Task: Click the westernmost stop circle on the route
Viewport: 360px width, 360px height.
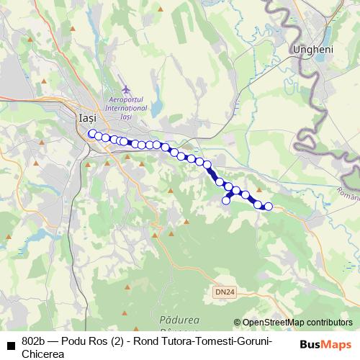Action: click(91, 133)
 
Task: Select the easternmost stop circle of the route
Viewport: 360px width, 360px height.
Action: click(269, 207)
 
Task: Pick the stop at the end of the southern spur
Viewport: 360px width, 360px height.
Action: click(225, 200)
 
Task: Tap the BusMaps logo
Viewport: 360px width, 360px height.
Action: click(326, 343)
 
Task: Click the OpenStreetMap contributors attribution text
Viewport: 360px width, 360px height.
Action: click(297, 323)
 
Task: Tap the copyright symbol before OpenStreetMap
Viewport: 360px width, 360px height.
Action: click(237, 323)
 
